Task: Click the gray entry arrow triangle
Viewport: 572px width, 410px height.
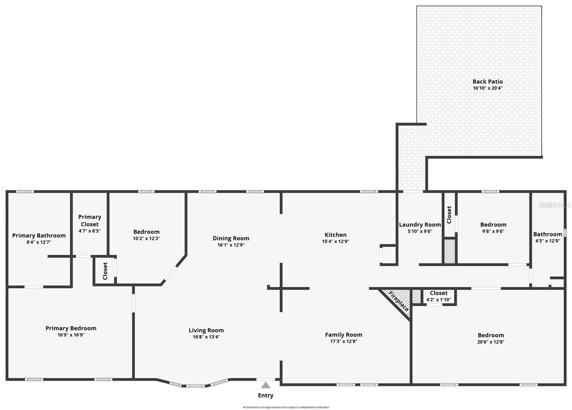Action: coord(265,385)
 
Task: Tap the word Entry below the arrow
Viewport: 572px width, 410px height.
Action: coord(266,395)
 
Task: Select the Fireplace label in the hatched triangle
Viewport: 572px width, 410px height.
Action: coord(398,301)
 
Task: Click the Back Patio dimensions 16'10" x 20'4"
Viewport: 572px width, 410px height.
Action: coord(488,88)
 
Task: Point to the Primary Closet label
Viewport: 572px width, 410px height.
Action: coord(90,221)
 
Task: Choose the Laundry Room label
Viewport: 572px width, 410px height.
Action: coord(420,224)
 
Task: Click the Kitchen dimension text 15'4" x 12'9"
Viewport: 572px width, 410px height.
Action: coord(335,241)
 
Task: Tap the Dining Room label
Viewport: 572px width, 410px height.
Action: coord(231,238)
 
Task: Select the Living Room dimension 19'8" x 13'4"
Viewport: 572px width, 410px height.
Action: coord(206,337)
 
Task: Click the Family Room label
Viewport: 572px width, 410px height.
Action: coord(344,335)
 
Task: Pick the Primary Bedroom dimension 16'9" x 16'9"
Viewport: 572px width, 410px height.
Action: coord(71,335)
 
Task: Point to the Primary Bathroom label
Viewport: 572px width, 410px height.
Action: coord(39,235)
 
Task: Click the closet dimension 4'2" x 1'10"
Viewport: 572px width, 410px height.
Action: coord(439,300)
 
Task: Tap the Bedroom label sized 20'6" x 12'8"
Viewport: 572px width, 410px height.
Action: coord(491,335)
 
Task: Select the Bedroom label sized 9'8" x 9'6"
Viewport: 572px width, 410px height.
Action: coord(493,224)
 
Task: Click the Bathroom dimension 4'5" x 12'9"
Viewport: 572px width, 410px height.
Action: coord(547,241)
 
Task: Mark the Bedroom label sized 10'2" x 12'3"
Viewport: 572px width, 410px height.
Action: coord(146,232)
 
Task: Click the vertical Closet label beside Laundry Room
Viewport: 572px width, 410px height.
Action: coord(449,214)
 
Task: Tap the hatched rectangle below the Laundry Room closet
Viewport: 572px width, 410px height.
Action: coord(449,252)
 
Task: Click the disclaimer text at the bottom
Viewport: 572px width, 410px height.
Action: coord(286,407)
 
